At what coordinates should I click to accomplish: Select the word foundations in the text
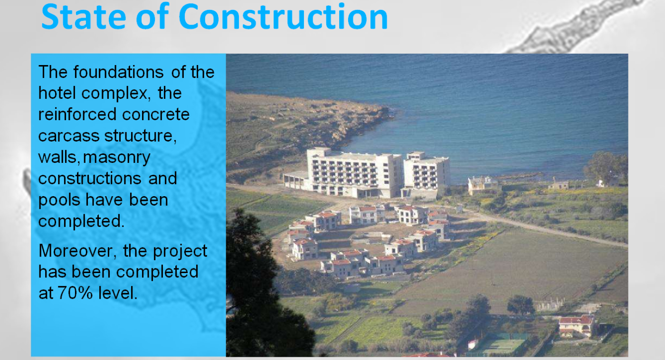pyautogui.click(x=118, y=72)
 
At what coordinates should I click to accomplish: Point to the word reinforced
pyautogui.click(x=77, y=114)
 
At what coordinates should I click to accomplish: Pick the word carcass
pyautogui.click(x=68, y=136)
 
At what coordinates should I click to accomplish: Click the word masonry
pyautogui.click(x=117, y=158)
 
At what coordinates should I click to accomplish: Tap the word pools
pyautogui.click(x=59, y=200)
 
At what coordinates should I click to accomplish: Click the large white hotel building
pyautogui.click(x=367, y=174)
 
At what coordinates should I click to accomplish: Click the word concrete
pyautogui.click(x=156, y=114)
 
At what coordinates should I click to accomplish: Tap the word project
pyautogui.click(x=180, y=252)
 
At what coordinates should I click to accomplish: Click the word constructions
pyautogui.click(x=90, y=179)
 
